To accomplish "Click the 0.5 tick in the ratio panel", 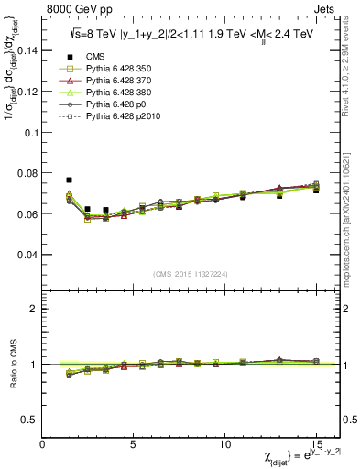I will pos(29,420).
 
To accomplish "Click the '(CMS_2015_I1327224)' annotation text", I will pos(191,275).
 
